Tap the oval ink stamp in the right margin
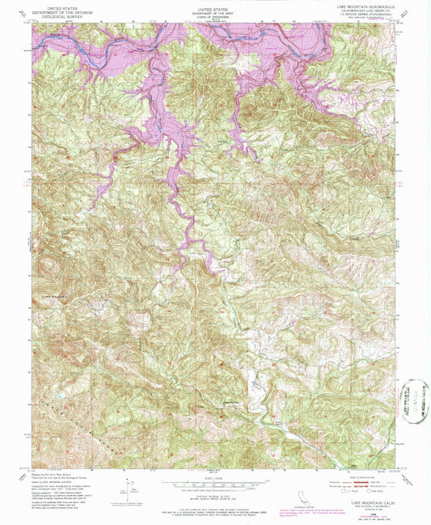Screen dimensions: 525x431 pos(415,400)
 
